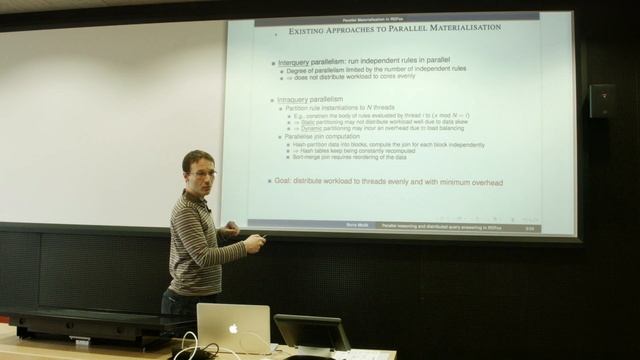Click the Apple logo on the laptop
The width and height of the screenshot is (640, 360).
233,328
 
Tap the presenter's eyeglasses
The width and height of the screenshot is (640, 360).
203,173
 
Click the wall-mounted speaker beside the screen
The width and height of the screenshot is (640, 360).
601,100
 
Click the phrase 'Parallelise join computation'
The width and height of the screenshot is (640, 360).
317,136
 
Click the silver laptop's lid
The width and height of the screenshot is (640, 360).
233,326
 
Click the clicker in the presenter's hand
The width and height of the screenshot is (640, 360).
261,238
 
